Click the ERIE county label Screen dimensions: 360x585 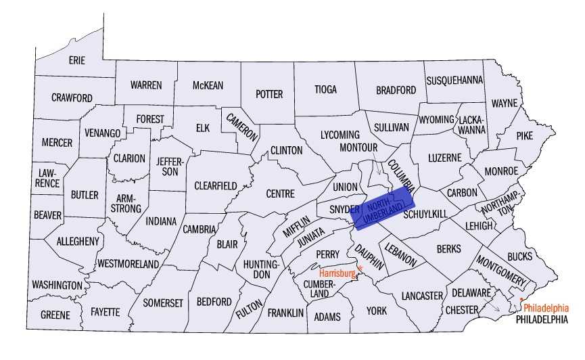click(77, 60)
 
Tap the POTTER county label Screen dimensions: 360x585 click(268, 94)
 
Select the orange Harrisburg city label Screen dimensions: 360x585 click(337, 273)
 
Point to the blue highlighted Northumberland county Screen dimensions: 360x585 click(383, 206)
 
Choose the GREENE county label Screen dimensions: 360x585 click(55, 315)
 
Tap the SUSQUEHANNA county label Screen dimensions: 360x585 click(454, 81)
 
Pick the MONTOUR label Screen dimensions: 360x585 click(358, 147)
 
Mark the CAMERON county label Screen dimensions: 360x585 click(241, 126)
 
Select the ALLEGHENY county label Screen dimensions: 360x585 click(78, 241)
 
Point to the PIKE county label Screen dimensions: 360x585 click(524, 135)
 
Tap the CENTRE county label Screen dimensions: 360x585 click(280, 194)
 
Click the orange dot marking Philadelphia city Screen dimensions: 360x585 click(521, 300)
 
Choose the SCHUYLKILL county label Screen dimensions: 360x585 click(425, 214)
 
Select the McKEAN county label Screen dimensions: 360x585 click(208, 85)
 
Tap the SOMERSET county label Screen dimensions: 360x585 click(163, 303)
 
